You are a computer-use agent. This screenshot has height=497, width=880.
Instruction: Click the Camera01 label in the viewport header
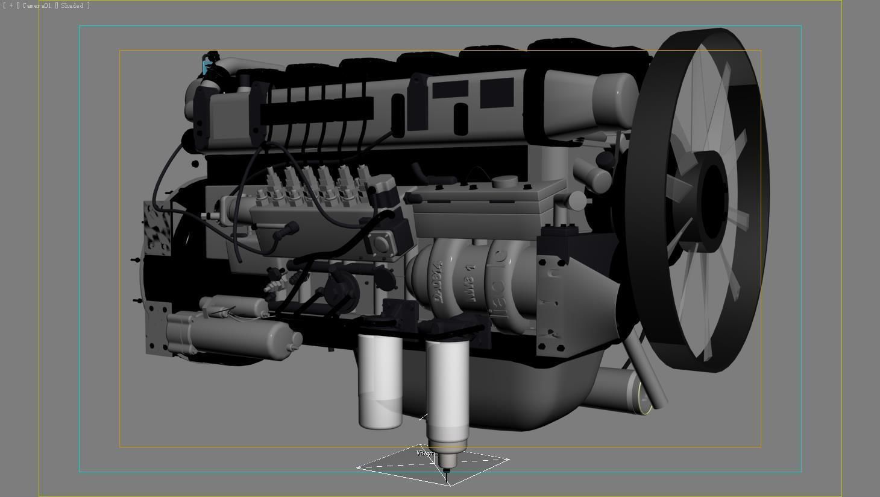37,5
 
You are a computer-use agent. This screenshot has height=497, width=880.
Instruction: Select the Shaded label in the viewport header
72,5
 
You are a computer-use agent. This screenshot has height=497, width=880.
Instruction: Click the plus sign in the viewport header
11,5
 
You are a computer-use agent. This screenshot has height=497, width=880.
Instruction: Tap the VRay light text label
426,453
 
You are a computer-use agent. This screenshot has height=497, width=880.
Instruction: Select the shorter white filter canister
380,380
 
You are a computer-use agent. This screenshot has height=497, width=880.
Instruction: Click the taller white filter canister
447,392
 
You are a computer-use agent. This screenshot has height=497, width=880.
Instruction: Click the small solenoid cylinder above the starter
235,306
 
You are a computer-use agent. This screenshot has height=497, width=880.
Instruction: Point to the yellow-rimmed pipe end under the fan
644,400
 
